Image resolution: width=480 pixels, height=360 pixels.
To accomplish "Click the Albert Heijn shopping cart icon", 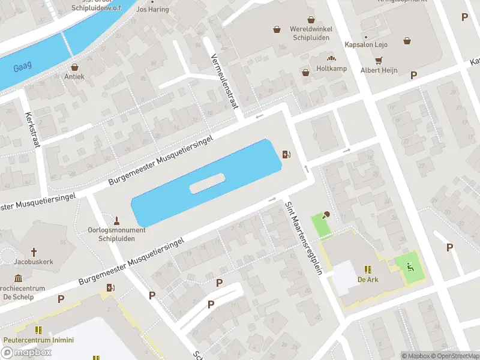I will [x=379, y=61].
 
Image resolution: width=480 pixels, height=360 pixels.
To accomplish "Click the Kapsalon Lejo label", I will [x=366, y=44].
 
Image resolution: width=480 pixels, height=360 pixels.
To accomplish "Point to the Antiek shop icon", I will [x=74, y=67].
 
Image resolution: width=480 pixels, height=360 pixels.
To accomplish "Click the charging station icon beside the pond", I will [x=287, y=155].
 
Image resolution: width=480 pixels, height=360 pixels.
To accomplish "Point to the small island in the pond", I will [x=207, y=183].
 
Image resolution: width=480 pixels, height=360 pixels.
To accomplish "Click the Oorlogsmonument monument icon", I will [x=118, y=220].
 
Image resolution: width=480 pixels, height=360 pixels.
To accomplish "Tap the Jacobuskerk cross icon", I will [x=34, y=253].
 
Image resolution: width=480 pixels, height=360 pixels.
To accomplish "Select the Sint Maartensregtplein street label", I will [x=303, y=238].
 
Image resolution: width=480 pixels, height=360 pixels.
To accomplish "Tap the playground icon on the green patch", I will [x=410, y=268].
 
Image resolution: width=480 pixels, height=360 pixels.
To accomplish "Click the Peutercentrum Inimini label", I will [x=38, y=340].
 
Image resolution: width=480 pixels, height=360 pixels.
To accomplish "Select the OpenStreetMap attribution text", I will [x=454, y=356].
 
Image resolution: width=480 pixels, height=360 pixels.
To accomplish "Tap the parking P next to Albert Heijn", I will [x=413, y=75].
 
